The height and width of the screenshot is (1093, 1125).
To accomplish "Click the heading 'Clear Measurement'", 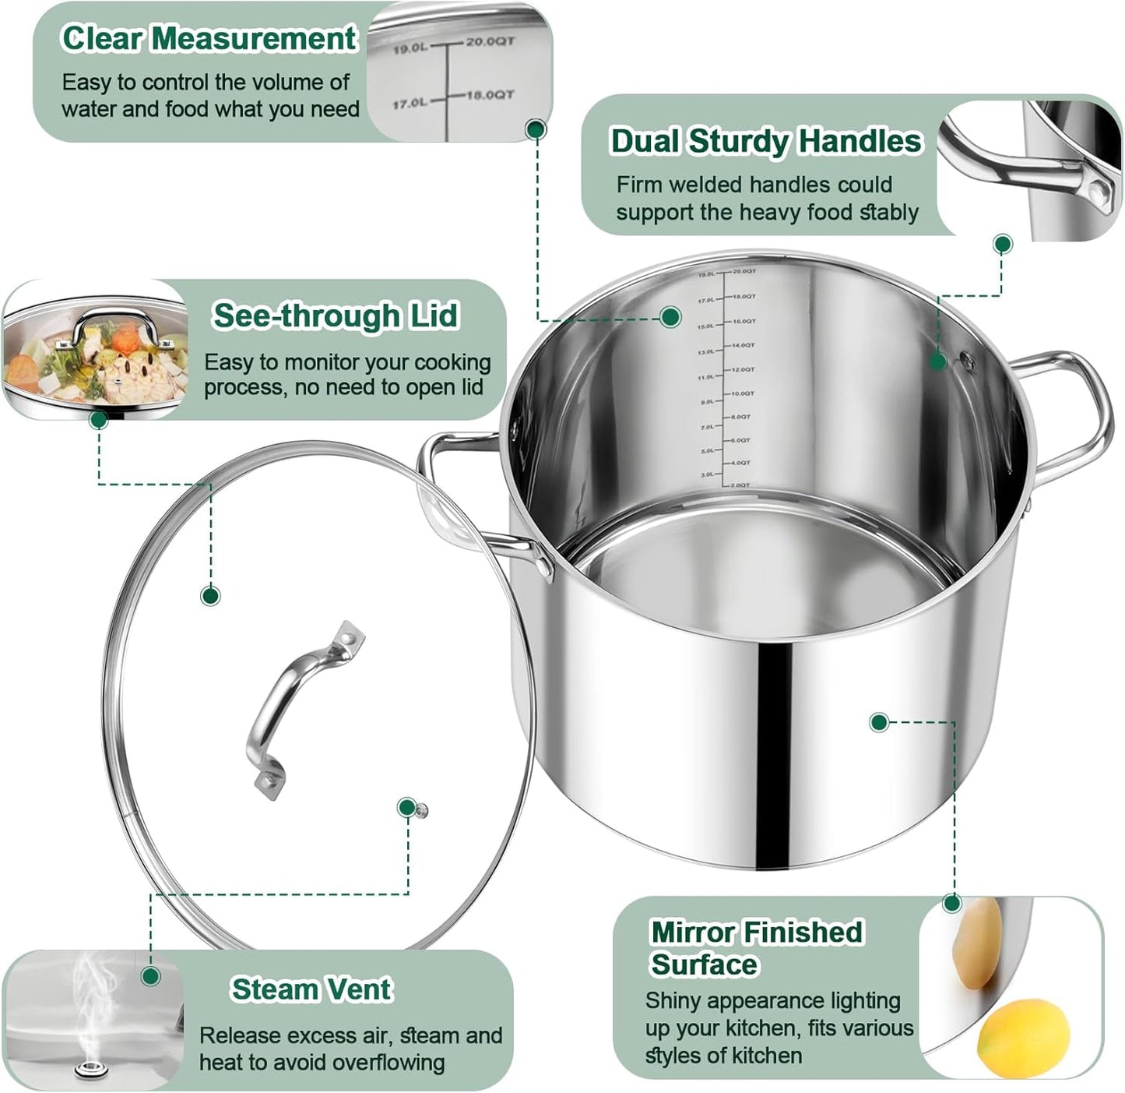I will click(x=208, y=39).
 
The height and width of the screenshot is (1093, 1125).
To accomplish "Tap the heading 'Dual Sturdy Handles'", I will click(x=765, y=142).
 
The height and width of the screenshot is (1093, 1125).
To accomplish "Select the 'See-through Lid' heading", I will click(x=336, y=316).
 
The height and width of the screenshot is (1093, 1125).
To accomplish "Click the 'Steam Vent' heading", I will click(x=311, y=989).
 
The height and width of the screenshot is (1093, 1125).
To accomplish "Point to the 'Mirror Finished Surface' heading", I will click(x=756, y=947).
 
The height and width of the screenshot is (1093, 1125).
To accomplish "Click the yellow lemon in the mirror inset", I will click(x=1022, y=1038).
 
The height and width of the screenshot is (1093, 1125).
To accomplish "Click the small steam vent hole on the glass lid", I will click(x=422, y=811).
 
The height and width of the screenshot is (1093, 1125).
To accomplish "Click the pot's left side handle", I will click(x=467, y=499).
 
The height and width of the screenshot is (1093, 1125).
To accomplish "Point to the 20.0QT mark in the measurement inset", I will click(x=490, y=41).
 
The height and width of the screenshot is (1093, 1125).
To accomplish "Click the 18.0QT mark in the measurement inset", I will click(x=490, y=95).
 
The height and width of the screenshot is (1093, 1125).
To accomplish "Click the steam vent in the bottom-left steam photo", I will click(x=91, y=1070).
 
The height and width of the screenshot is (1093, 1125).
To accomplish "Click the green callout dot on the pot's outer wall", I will click(x=879, y=722).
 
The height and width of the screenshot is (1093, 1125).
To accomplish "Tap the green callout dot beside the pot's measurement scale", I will click(x=670, y=316).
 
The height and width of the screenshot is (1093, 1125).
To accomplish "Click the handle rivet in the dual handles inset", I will click(x=1098, y=190).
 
